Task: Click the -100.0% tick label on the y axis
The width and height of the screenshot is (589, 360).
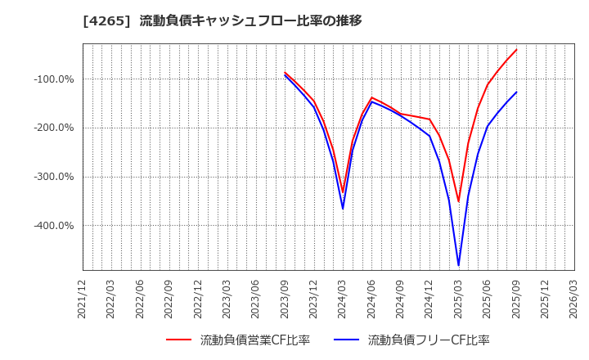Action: click(x=54, y=79)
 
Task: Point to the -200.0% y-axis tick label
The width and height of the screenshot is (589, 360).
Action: click(x=54, y=128)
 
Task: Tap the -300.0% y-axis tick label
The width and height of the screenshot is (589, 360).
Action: click(x=54, y=177)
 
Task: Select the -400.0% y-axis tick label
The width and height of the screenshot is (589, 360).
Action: click(x=54, y=226)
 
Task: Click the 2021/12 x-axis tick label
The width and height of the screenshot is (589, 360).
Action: click(x=83, y=299)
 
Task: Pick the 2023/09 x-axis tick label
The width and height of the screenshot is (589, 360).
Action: click(x=285, y=299)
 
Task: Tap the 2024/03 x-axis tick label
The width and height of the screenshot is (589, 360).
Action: click(x=343, y=299)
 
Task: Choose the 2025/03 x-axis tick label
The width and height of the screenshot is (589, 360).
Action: click(x=458, y=299)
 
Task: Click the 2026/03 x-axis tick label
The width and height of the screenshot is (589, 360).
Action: click(x=573, y=299)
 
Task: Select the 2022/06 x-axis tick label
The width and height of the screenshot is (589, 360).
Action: click(x=141, y=299)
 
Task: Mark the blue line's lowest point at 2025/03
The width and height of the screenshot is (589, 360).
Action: click(x=458, y=265)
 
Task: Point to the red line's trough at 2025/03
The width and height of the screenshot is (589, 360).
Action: click(x=458, y=201)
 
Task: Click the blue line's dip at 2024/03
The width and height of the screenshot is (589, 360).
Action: click(x=343, y=209)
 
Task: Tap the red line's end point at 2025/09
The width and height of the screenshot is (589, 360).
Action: click(x=516, y=49)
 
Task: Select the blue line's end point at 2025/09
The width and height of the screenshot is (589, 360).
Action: click(x=516, y=92)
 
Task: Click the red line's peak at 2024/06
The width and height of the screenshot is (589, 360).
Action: click(x=371, y=97)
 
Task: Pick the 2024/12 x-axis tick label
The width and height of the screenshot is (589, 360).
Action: click(x=429, y=299)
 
